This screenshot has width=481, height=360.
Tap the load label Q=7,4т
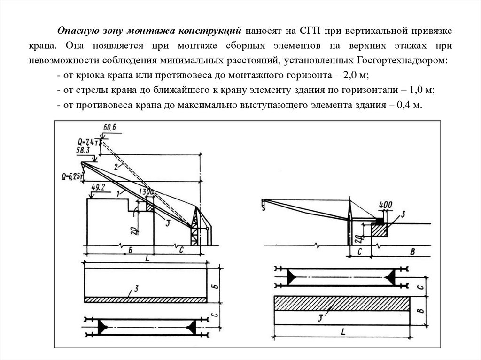coord(89,141)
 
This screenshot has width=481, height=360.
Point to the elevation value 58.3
coord(83,150)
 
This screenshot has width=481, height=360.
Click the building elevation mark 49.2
coord(98,186)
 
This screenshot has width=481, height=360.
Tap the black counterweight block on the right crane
coord(379,219)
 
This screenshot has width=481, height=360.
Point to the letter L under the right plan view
coord(343,332)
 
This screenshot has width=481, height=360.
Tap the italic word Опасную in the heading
coord(77,31)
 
